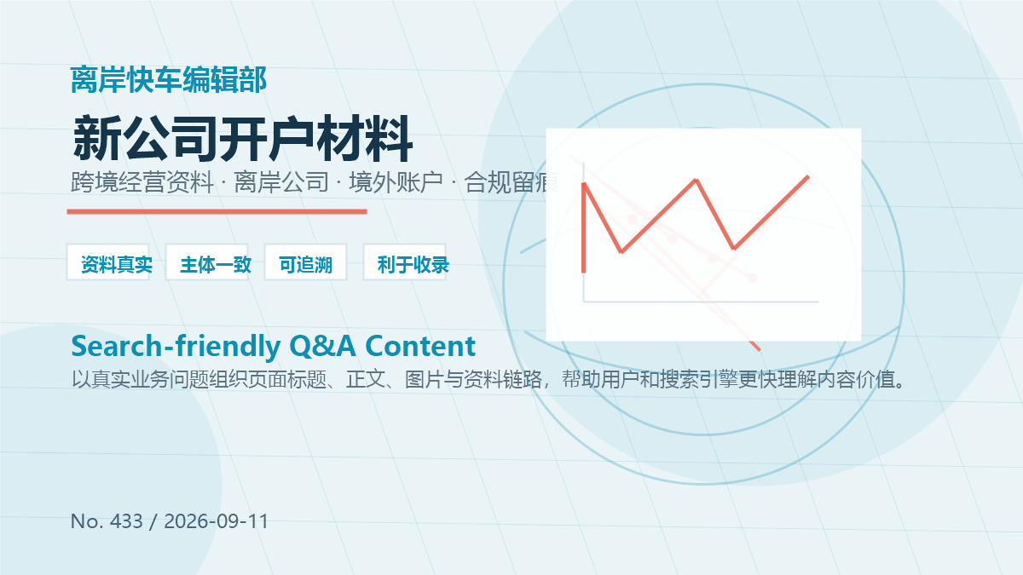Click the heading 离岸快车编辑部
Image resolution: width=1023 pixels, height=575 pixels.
click(169, 80)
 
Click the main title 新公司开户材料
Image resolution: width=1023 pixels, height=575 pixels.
click(242, 139)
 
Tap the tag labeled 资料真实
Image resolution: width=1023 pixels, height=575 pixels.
click(108, 262)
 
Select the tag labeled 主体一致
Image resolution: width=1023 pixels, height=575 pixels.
click(207, 262)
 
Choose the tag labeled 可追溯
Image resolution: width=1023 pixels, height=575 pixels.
click(305, 262)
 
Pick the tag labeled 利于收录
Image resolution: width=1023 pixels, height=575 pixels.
click(404, 262)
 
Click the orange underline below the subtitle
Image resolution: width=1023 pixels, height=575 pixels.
click(217, 212)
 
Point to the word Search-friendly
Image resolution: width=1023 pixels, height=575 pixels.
click(176, 347)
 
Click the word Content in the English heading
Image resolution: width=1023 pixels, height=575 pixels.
click(420, 346)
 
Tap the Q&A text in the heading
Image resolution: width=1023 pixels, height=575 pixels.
click(322, 347)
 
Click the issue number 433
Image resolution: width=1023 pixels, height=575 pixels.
click(126, 521)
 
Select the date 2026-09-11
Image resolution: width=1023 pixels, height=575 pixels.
click(216, 521)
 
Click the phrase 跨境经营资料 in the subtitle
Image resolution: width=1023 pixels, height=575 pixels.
click(142, 182)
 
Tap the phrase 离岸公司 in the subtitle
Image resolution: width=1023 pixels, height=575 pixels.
click(281, 182)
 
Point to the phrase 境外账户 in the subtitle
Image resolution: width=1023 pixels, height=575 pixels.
click(396, 182)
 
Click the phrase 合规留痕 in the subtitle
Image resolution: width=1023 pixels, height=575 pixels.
click(511, 182)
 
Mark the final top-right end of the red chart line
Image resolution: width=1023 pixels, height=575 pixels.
click(808, 176)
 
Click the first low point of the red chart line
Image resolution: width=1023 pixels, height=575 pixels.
click(621, 251)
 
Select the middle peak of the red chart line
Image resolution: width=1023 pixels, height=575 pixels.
click(696, 181)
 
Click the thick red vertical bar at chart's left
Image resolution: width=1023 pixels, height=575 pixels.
click(584, 228)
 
